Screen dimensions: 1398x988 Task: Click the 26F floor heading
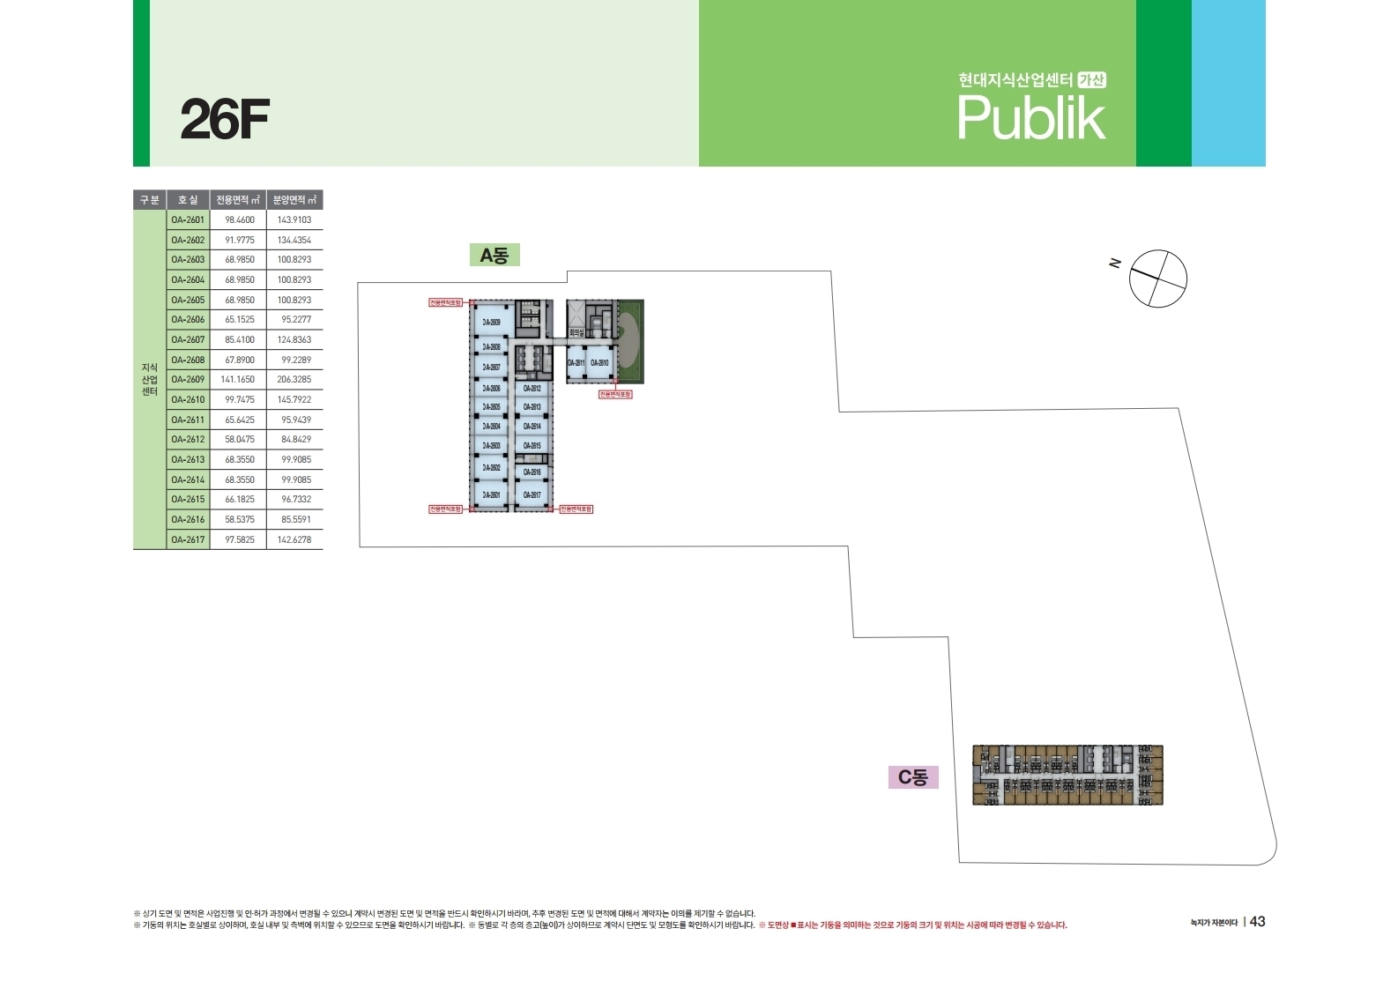click(224, 120)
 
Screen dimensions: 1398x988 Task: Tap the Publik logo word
click(1030, 118)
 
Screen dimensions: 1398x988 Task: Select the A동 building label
click(494, 256)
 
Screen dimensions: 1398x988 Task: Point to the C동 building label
click(912, 777)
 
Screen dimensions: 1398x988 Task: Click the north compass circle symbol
click(1158, 279)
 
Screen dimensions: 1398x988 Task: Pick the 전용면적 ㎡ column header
click(238, 200)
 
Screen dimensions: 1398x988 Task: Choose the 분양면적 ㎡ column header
click(294, 200)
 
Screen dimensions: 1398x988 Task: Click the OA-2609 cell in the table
click(188, 380)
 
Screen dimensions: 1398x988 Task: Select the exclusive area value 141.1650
click(238, 380)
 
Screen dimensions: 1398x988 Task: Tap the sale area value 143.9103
click(294, 220)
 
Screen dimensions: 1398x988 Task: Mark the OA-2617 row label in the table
click(188, 539)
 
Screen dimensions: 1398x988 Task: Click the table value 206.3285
click(294, 380)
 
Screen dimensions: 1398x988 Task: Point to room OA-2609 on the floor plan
click(491, 323)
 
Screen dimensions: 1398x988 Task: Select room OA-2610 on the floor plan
click(599, 363)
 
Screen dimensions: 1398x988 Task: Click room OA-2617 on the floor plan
click(532, 495)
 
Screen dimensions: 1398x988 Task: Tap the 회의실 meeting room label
click(576, 333)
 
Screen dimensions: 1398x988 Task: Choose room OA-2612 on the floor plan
click(532, 389)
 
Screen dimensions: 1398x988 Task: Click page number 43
click(1257, 922)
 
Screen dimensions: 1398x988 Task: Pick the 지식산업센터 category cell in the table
click(150, 380)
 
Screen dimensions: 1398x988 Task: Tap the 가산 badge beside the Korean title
click(1092, 80)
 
